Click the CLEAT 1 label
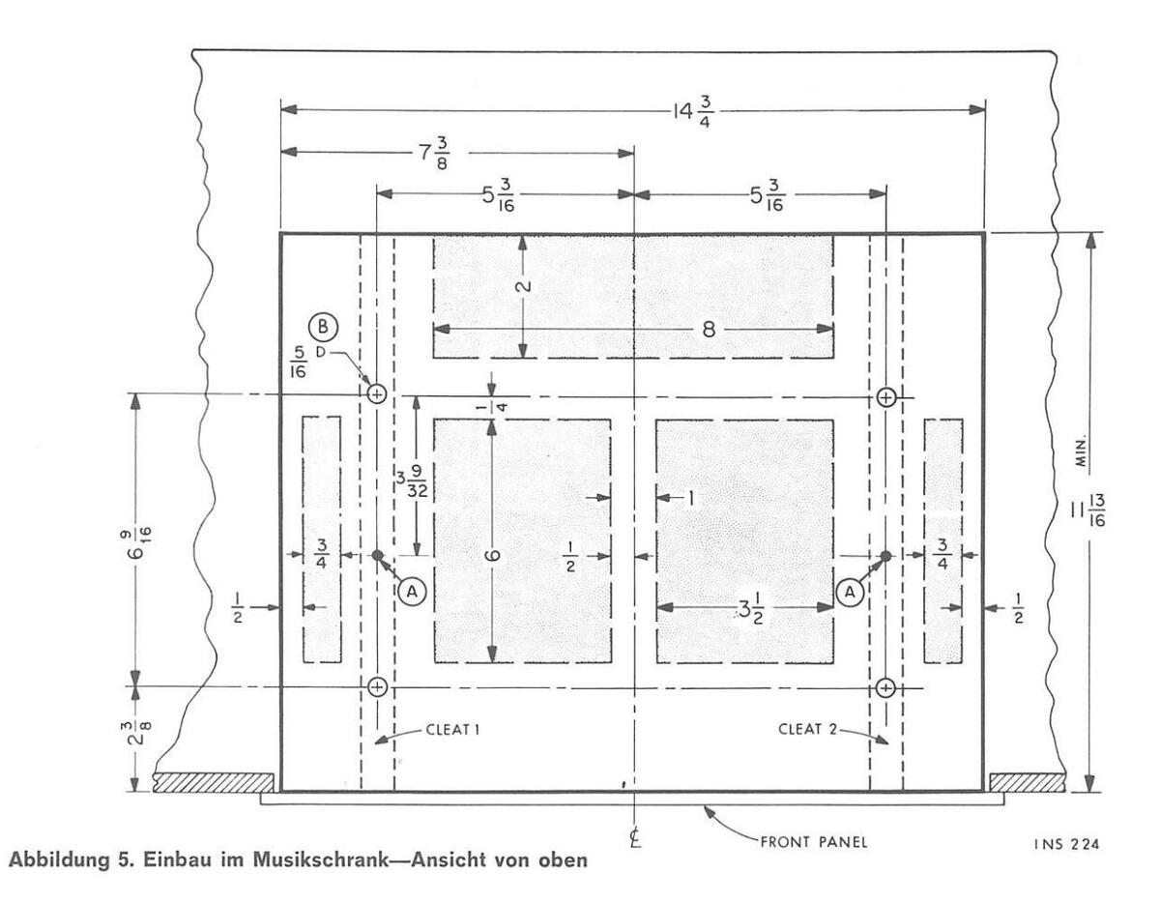(452, 730)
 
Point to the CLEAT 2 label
(807, 730)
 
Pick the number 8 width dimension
(708, 329)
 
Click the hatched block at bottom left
(213, 781)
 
